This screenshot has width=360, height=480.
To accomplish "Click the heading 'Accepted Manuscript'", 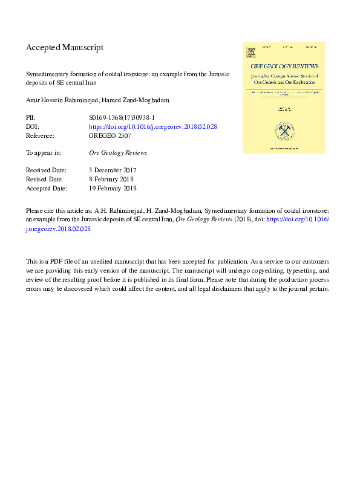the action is point(65,47).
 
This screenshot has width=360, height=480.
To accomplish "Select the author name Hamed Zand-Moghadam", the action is point(140,100).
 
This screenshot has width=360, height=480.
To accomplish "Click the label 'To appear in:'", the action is point(44,153).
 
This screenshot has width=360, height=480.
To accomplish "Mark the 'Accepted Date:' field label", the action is point(46,189).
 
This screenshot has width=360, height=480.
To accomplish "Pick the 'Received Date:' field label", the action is point(46,170).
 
